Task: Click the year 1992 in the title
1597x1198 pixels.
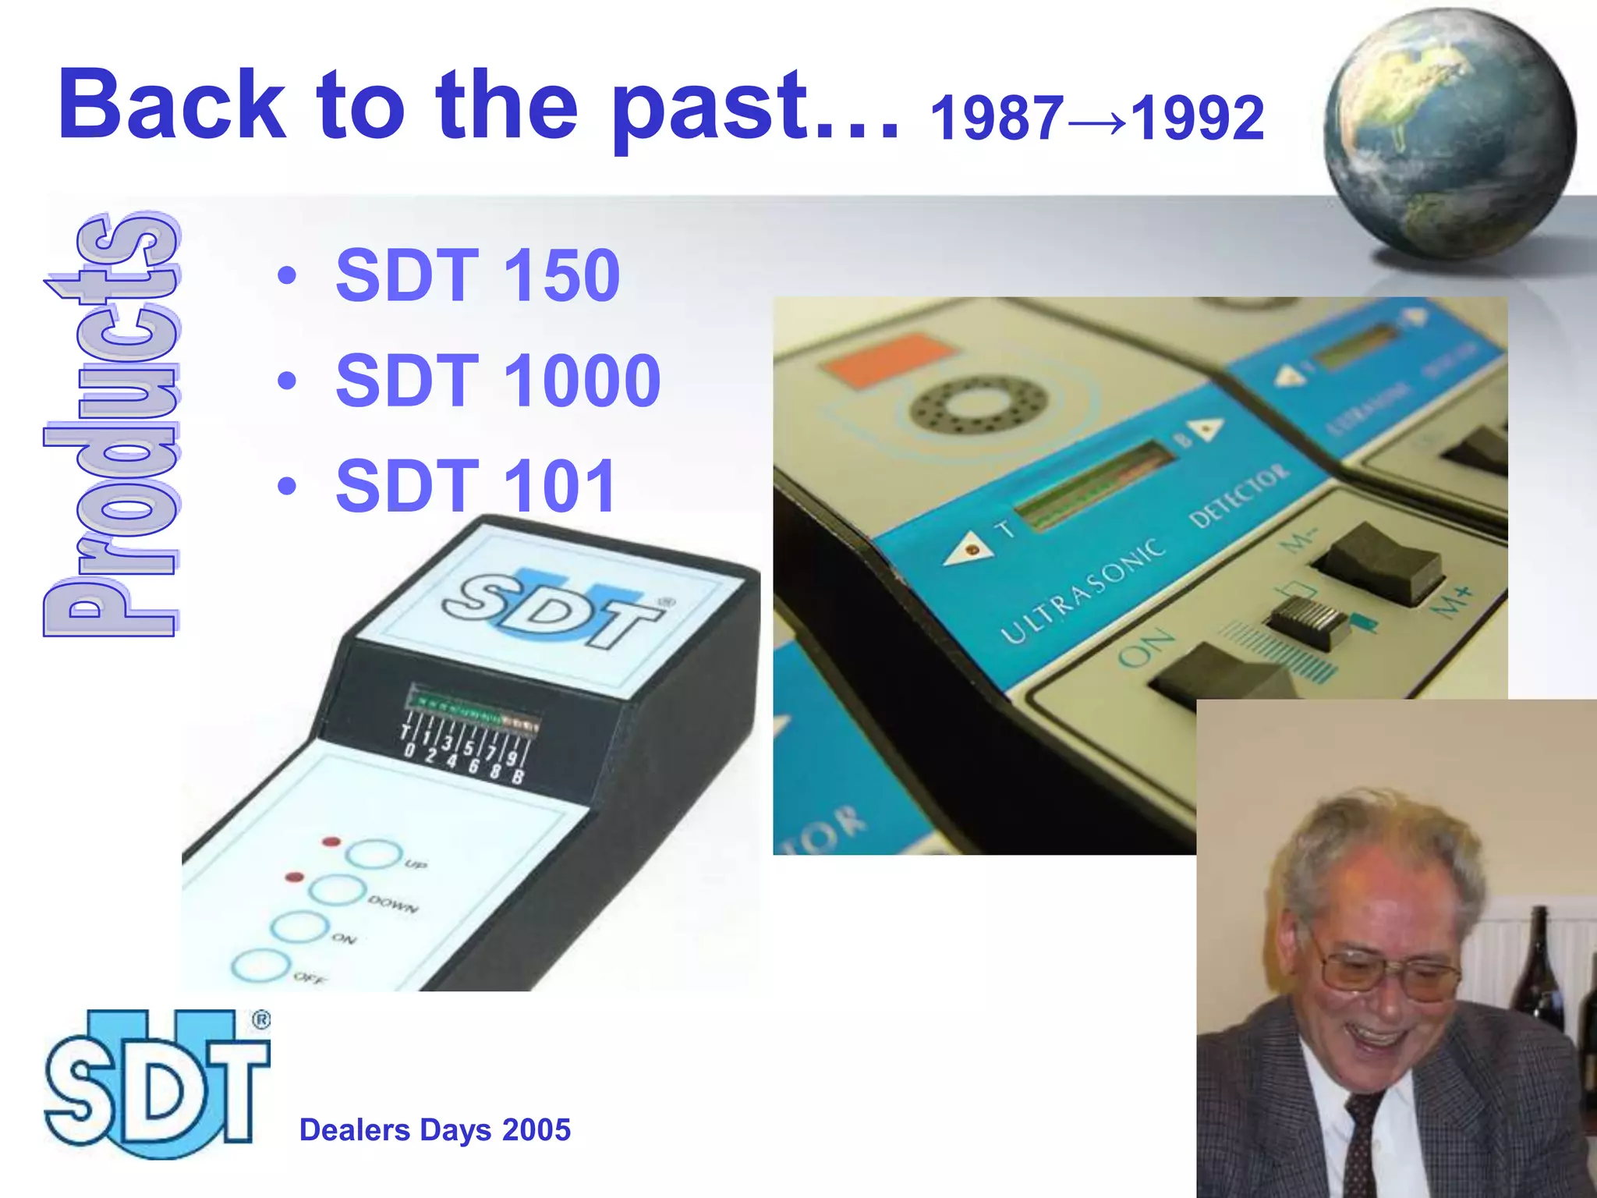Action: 1197,119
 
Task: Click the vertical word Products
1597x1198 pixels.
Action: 112,425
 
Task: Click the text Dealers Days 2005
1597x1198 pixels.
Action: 434,1129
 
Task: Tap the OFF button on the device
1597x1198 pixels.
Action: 260,966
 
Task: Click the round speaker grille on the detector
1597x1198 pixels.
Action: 972,404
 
